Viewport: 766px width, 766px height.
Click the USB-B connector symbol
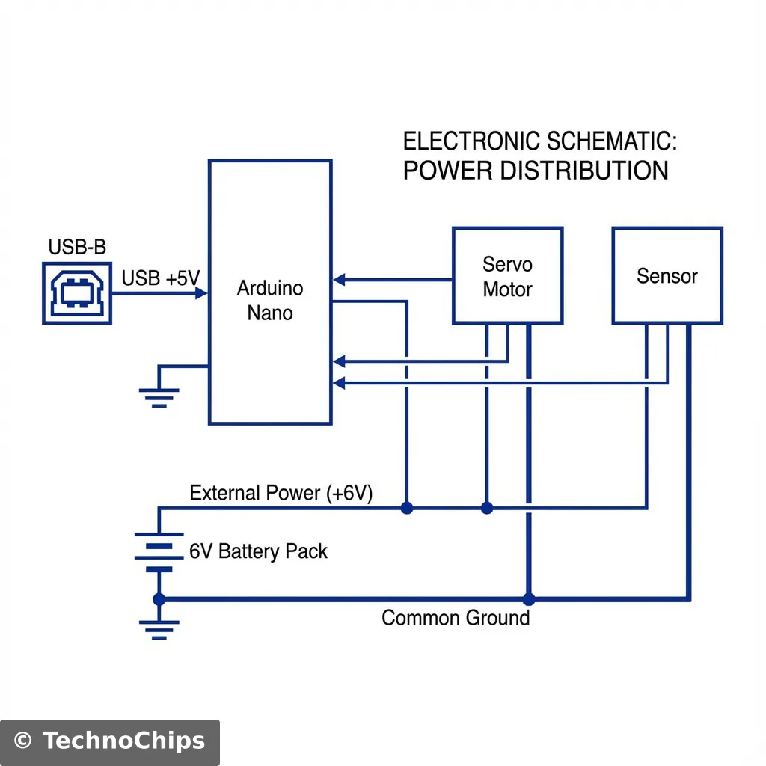(x=77, y=292)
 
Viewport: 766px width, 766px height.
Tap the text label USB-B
(x=76, y=247)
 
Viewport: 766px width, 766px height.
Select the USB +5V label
(x=160, y=279)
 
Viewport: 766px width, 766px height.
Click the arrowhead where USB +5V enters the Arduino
(x=201, y=293)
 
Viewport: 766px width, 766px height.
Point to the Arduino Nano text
(x=270, y=300)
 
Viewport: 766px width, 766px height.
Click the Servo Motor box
(x=507, y=276)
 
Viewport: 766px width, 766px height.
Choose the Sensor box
(x=667, y=276)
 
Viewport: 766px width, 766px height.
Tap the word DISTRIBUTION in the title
(x=583, y=171)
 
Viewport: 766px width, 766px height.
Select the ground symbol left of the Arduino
(x=159, y=396)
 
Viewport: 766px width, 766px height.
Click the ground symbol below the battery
(x=159, y=629)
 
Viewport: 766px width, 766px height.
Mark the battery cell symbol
(x=159, y=552)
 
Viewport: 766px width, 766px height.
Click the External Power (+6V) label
(x=281, y=494)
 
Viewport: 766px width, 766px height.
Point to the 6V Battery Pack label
(x=258, y=552)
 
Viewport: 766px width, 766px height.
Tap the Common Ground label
(x=456, y=618)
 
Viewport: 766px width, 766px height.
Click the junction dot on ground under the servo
(x=529, y=598)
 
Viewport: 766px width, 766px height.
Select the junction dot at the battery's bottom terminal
(x=159, y=598)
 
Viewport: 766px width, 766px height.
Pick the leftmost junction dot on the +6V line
(x=406, y=508)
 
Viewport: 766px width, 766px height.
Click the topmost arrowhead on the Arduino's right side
(x=339, y=280)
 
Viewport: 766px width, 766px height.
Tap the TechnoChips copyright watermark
(x=110, y=741)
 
